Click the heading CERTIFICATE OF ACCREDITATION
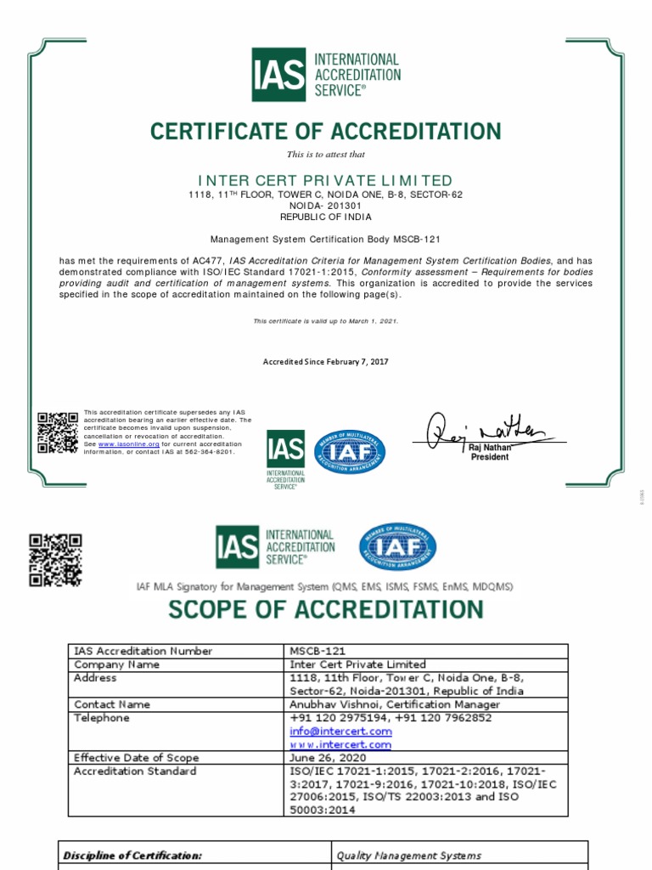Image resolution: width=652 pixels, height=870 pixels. (x=326, y=132)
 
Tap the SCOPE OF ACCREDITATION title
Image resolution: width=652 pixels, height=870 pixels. (x=326, y=609)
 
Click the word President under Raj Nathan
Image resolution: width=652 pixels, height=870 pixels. (x=490, y=457)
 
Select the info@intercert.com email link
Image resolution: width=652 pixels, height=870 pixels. (x=340, y=732)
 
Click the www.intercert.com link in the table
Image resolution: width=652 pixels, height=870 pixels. (x=340, y=745)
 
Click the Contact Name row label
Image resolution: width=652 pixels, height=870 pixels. (x=112, y=704)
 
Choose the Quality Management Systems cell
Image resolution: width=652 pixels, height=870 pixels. (x=409, y=856)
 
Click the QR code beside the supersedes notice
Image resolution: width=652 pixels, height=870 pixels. (x=58, y=432)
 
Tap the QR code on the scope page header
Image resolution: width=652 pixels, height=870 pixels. (x=55, y=560)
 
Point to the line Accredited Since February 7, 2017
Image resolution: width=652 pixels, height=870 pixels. (x=326, y=362)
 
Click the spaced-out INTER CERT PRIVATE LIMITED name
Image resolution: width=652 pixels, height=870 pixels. (x=326, y=180)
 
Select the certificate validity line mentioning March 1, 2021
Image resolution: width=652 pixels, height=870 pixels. (x=326, y=321)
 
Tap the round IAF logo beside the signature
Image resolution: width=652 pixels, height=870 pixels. (x=351, y=453)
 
